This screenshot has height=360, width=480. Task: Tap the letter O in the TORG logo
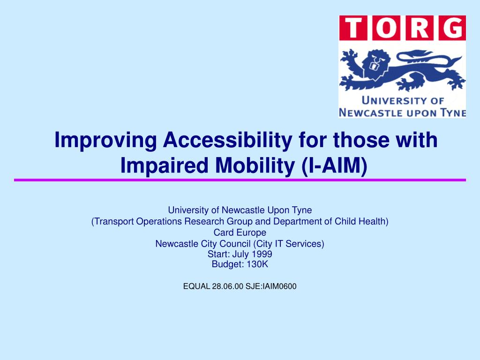[x=386, y=28]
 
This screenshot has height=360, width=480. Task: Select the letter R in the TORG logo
[x=419, y=28]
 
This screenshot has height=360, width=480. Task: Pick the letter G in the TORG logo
[x=452, y=28]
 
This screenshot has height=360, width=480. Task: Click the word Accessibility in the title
[x=227, y=140]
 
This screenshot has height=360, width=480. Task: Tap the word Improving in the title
[x=105, y=140]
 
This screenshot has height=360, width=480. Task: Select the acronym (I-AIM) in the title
[x=334, y=165]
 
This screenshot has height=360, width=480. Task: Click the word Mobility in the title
[x=255, y=165]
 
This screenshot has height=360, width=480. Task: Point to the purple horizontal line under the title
[x=240, y=180]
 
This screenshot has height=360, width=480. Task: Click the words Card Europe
[x=240, y=232]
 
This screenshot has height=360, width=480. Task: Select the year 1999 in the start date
[x=262, y=254]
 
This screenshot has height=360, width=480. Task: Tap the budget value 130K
[x=257, y=264]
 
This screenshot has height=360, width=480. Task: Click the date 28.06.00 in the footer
[x=227, y=286]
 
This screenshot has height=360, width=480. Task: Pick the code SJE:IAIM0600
[x=271, y=286]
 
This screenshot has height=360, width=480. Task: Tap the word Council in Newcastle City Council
[x=235, y=244]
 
